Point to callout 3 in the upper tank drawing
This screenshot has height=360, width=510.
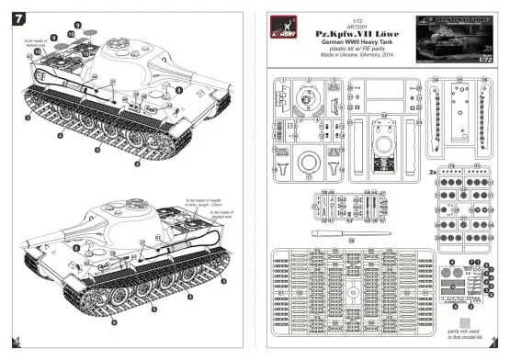[29, 118]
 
